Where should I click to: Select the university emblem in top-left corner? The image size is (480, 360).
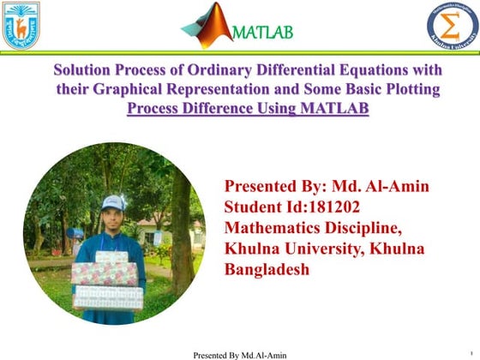pyautogui.click(x=21, y=25)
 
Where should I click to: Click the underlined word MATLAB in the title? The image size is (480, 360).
pyautogui.click(x=328, y=109)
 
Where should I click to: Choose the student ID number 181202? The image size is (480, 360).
pyautogui.click(x=337, y=207)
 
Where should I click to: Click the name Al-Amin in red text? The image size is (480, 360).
pyautogui.click(x=399, y=186)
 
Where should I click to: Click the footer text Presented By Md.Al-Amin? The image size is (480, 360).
pyautogui.click(x=240, y=354)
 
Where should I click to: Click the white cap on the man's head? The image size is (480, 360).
pyautogui.click(x=113, y=203)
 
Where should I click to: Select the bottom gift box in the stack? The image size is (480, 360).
pyautogui.click(x=108, y=297)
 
